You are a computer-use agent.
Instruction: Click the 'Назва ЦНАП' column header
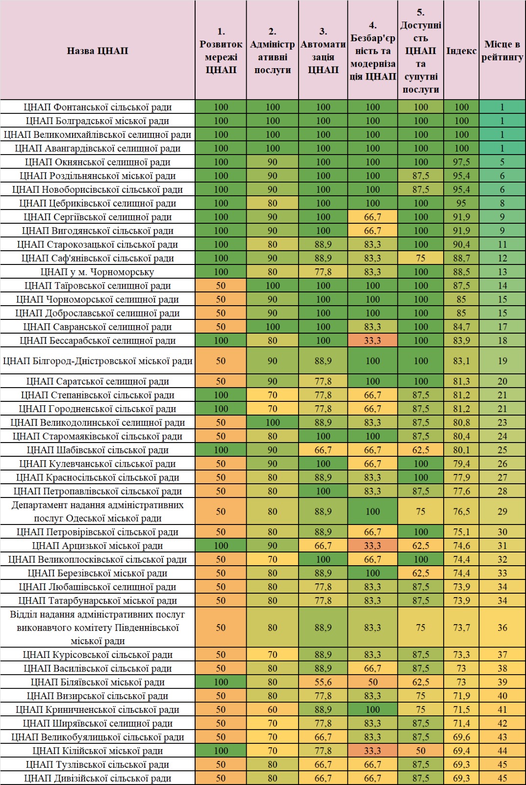pos(98,51)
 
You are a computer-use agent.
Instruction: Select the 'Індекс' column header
pos(461,51)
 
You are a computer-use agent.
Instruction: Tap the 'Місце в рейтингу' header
pos(502,51)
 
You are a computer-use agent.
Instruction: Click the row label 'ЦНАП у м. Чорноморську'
pos(98,272)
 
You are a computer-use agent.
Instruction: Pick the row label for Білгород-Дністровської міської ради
pos(98,361)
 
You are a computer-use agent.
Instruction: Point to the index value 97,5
pos(461,162)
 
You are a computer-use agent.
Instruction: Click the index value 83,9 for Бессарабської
pos(461,340)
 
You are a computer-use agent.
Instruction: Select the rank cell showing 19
pos(502,361)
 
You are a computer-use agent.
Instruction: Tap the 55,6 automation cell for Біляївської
pos(323,682)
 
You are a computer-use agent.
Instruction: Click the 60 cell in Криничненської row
pos(272,709)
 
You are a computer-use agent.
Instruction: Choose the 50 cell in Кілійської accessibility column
pos(420,751)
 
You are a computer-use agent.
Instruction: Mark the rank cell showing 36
pos(502,628)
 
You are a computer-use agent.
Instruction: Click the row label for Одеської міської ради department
pos(98,511)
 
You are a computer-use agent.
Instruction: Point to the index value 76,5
pos(461,511)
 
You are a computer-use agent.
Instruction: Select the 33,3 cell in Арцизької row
pos(373,546)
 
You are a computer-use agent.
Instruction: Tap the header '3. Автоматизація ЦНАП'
pos(323,51)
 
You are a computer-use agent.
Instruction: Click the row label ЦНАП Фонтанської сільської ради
pos(98,107)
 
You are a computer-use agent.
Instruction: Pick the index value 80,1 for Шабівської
pos(461,450)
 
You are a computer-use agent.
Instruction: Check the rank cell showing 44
pos(502,751)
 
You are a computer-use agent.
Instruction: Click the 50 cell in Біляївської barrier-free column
pos(373,682)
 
